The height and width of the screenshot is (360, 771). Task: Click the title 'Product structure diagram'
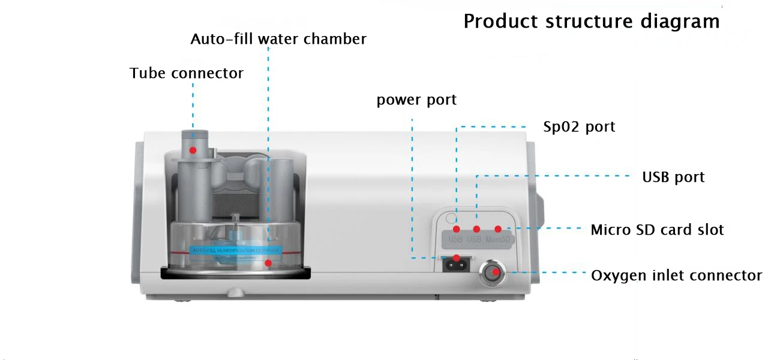coord(591,22)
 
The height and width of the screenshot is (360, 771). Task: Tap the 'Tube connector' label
coord(187,73)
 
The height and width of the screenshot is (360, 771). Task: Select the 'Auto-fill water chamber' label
coord(278,39)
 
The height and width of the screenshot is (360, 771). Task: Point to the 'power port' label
coord(416,100)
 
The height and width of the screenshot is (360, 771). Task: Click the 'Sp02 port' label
coord(579,127)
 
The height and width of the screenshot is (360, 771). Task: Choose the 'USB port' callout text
coord(673,178)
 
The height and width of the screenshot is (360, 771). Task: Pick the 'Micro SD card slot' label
coord(657,230)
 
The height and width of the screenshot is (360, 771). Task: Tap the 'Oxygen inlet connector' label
coord(676,275)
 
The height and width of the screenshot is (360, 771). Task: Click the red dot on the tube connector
coord(193,149)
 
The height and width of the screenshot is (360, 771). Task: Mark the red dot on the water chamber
coord(269,263)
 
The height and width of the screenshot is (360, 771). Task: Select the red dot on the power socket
coord(457,259)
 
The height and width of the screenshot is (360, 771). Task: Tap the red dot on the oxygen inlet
coord(495,272)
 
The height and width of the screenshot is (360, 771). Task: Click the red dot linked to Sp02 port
coord(457,229)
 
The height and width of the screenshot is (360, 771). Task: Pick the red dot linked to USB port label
coord(476,229)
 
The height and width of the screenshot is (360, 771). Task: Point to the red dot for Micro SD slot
coord(497,229)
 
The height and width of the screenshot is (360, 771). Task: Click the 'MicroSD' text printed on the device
coord(498,240)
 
